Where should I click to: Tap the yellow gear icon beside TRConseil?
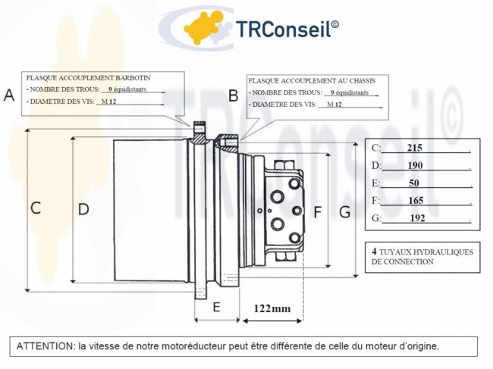[206, 28]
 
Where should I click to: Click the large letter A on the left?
[9, 95]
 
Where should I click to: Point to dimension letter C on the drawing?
[36, 208]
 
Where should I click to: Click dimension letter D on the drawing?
[83, 208]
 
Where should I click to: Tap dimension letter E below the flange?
[216, 307]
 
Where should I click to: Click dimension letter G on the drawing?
[345, 212]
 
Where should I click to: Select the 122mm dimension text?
[272, 308]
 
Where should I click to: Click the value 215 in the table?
[414, 148]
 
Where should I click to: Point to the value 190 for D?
[414, 165]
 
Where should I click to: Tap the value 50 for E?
[414, 183]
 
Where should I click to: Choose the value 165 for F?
[414, 200]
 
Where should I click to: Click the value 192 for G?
[417, 217]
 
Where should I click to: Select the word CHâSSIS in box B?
[361, 80]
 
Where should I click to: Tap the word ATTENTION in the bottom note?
[45, 346]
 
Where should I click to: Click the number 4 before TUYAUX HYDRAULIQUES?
[375, 250]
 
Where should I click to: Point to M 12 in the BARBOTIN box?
[109, 102]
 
